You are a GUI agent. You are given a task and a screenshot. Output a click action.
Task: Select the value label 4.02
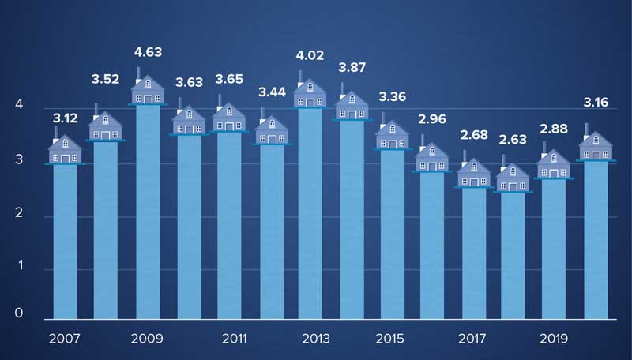tap(310, 56)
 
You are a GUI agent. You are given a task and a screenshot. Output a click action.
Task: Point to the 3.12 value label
tap(66, 118)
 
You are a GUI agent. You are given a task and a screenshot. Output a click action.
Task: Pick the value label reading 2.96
tap(432, 122)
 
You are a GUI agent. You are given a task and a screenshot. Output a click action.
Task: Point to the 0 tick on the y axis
tap(18, 313)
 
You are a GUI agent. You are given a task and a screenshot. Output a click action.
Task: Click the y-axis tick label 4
tap(18, 106)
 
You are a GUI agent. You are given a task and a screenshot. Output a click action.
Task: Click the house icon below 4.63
tap(147, 89)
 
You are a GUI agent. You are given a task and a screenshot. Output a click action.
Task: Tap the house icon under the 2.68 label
tap(473, 173)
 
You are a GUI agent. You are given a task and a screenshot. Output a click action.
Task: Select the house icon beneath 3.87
tap(351, 106)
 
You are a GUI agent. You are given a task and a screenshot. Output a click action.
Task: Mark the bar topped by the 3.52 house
tap(106, 229)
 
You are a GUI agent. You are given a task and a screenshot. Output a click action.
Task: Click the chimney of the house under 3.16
tap(586, 129)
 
